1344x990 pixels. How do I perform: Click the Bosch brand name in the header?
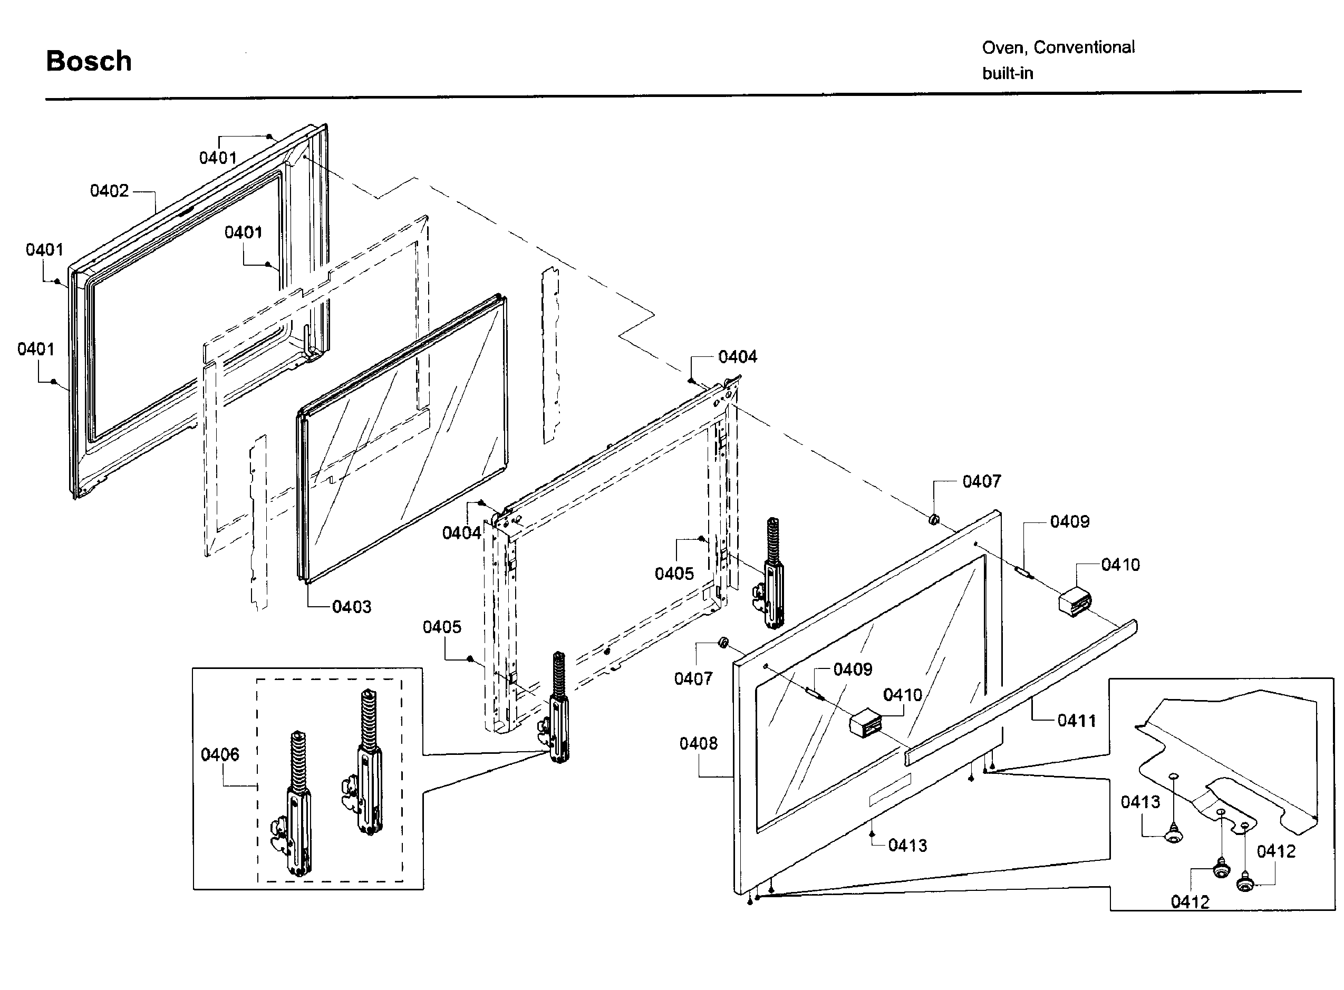(89, 61)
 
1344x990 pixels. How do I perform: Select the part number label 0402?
(109, 191)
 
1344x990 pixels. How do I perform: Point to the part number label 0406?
(219, 754)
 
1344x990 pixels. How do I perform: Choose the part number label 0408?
(698, 743)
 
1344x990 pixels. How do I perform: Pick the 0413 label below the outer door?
(907, 845)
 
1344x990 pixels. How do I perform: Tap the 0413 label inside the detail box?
(1140, 801)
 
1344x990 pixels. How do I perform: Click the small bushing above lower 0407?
(723, 643)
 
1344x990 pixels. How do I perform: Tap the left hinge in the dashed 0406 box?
(298, 803)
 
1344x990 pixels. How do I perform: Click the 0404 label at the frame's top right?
(737, 356)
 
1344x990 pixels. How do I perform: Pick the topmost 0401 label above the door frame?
(218, 158)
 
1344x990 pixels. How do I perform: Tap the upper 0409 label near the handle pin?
(1069, 521)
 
